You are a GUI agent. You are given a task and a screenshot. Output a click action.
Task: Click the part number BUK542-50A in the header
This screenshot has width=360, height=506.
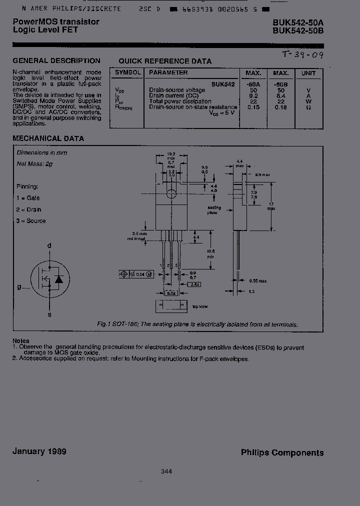[x=298, y=22]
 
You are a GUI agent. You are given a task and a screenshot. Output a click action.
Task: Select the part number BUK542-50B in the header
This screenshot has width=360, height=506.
[x=298, y=30]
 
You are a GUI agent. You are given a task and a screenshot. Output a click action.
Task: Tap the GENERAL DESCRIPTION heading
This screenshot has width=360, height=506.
[x=56, y=60]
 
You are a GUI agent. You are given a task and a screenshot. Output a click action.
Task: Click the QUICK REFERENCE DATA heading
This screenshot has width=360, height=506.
[x=165, y=61]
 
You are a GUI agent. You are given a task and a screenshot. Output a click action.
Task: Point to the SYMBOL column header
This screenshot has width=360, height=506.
[x=127, y=73]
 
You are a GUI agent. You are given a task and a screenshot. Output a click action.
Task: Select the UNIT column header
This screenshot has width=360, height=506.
[x=308, y=73]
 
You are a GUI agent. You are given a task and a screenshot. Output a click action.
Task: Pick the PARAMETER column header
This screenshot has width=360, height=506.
[x=168, y=73]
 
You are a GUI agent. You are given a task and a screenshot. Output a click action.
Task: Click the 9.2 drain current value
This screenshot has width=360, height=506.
[x=253, y=95]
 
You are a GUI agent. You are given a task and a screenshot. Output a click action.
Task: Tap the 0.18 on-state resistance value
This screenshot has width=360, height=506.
[x=280, y=107]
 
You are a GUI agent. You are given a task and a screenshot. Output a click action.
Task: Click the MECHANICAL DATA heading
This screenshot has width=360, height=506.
[x=48, y=138]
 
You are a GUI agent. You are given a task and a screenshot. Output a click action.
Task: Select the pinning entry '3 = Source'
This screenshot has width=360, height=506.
[x=30, y=221]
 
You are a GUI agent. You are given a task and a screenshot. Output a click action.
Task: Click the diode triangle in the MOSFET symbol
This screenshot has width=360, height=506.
[x=59, y=279]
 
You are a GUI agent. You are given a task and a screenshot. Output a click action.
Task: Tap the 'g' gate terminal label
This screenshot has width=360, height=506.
[x=19, y=286]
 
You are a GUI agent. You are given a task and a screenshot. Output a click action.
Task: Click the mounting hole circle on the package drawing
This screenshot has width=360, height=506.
[x=171, y=194]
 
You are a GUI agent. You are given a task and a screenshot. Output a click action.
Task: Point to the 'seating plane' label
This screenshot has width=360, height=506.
[x=214, y=210]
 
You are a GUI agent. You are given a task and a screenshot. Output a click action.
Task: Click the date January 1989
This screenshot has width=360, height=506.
[x=39, y=451]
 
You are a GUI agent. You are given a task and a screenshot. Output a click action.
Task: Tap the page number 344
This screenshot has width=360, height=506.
[x=167, y=471]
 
